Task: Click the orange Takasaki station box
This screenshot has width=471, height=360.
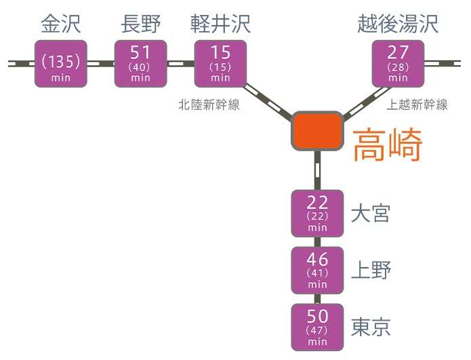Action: [x=316, y=131]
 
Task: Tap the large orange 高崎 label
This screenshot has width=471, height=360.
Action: [x=388, y=145]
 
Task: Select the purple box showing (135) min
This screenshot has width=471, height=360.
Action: [x=62, y=63]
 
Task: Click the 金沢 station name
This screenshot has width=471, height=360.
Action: [x=61, y=24]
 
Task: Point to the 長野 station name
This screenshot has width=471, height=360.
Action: [x=140, y=24]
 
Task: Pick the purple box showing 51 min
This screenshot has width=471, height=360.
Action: [x=140, y=63]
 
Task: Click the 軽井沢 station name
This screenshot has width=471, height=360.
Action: [x=220, y=24]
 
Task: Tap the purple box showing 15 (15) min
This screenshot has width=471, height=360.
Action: [x=220, y=63]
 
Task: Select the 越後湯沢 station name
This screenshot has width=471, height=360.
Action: [x=398, y=24]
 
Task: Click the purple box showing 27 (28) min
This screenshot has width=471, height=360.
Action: [x=398, y=63]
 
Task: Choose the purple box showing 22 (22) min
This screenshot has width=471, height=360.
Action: [x=317, y=213]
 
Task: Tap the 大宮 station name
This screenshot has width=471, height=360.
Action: [x=371, y=214]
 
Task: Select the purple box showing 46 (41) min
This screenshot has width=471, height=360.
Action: [x=317, y=269]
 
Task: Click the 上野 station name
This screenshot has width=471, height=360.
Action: [x=371, y=271]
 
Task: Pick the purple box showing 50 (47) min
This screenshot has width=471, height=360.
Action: [x=317, y=326]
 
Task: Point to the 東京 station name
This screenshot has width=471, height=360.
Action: [x=371, y=327]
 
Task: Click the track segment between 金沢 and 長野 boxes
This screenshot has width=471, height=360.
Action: [x=101, y=63]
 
